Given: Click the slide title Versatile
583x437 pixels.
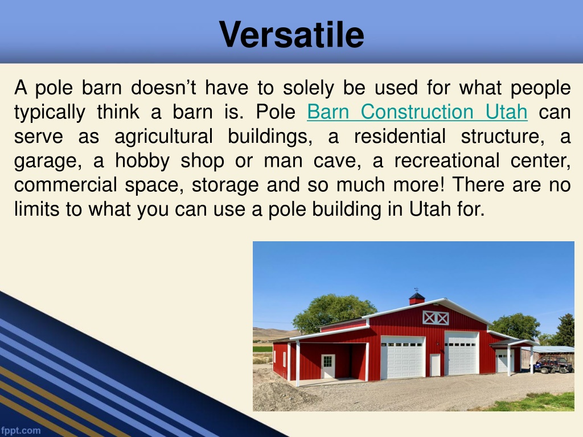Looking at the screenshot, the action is pos(291,34).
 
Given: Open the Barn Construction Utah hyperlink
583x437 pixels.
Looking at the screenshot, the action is pos(417,112).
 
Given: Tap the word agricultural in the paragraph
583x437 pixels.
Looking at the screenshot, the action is pos(163,137).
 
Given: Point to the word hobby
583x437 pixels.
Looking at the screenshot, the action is pos(142,160).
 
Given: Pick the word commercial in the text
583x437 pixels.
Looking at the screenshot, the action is pos(65,185).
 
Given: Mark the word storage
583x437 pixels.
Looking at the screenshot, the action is pos(225,185).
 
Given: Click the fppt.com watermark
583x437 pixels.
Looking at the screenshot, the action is pos(20,430).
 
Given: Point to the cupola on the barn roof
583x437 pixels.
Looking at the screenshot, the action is pos(417,298).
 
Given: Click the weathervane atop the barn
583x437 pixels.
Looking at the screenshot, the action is pos(416,290).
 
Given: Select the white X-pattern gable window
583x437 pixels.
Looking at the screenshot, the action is pos(436,318).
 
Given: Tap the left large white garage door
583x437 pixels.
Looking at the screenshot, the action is pos(403,357).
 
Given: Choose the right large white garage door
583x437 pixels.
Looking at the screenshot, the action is pos(461,353).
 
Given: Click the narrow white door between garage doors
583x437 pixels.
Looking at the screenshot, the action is pos(435,365).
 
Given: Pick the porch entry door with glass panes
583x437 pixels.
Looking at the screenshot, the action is pos(328,366).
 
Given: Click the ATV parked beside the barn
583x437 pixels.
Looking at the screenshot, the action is pos(553,364).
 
